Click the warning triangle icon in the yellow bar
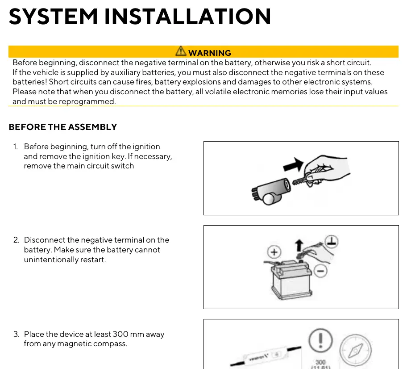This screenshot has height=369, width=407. click(x=181, y=51)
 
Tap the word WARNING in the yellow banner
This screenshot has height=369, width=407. click(x=210, y=53)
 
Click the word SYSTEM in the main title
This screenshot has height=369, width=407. click(x=53, y=17)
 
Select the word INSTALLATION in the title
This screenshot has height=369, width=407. click(x=188, y=17)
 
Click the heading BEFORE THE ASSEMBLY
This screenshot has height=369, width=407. click(x=63, y=127)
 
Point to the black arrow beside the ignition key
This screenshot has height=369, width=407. click(x=293, y=165)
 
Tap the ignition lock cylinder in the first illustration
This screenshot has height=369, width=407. click(x=271, y=191)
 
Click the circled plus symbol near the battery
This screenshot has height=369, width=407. click(x=274, y=252)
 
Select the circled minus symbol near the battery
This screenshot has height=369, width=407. click(x=320, y=271)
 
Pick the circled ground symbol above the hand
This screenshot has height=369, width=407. click(x=332, y=241)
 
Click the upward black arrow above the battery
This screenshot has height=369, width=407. click(x=299, y=246)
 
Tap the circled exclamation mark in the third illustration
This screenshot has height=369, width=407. click(x=320, y=340)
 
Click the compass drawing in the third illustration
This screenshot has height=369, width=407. click(x=356, y=350)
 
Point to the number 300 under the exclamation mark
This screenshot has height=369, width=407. click(x=320, y=362)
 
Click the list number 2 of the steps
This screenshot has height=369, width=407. click(x=16, y=240)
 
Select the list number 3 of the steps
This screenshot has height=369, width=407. click(x=16, y=334)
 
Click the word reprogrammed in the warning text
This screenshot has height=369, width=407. click(x=87, y=101)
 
